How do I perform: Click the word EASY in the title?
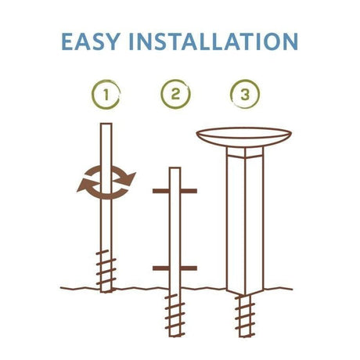click(x=91, y=41)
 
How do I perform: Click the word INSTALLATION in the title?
click(x=214, y=41)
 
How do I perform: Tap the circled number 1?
click(x=106, y=94)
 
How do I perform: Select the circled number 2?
click(x=175, y=94)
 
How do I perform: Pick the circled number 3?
click(x=245, y=94)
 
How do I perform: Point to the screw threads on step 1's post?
click(x=106, y=268)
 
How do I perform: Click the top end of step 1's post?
click(x=106, y=124)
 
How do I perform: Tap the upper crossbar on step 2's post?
click(x=175, y=191)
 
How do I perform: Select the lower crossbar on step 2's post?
click(x=175, y=268)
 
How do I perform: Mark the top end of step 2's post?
click(x=175, y=168)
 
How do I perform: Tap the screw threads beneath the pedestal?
click(x=245, y=315)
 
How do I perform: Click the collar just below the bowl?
click(x=245, y=153)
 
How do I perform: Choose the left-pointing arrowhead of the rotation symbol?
click(x=85, y=185)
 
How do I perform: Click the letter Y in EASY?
click(x=113, y=41)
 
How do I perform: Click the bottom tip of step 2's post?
click(x=175, y=336)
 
